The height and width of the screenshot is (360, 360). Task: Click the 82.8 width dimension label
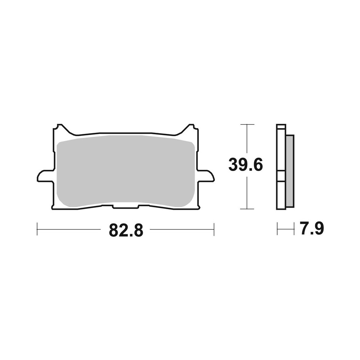[126, 230]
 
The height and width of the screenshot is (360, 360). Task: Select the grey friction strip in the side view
[290, 171]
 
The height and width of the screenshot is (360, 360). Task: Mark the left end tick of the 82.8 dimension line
[37, 229]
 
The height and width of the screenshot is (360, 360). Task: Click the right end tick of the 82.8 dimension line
[214, 229]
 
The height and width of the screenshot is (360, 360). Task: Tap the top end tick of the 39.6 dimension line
[246, 124]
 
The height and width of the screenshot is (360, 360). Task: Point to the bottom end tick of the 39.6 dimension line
[246, 209]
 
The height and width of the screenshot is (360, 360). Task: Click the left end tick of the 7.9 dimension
[277, 229]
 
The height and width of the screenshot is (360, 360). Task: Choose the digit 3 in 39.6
[234, 165]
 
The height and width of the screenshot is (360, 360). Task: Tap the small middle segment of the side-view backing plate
[281, 176]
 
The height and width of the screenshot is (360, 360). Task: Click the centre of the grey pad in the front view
[126, 171]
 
